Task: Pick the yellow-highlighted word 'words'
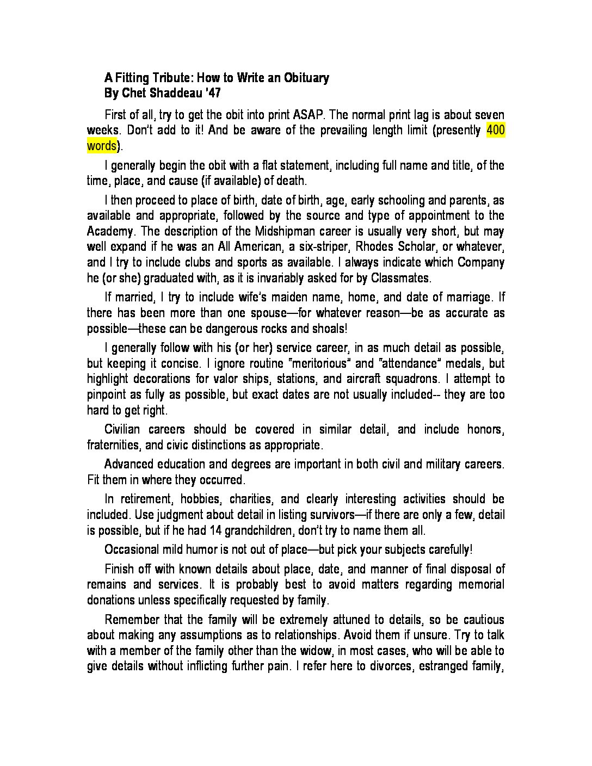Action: [x=102, y=146]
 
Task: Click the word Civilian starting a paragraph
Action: [x=124, y=429]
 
